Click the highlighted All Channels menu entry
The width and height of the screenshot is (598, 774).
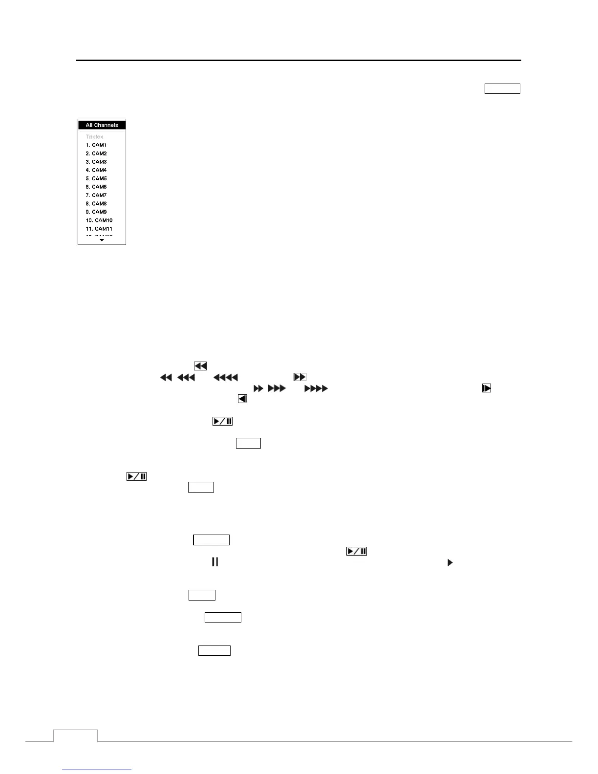click(102, 125)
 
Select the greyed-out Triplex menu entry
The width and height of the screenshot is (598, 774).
click(94, 137)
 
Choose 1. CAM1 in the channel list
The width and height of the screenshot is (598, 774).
click(96, 145)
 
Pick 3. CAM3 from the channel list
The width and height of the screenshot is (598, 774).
click(96, 162)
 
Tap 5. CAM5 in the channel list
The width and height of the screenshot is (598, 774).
click(96, 178)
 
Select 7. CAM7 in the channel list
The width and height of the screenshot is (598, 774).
click(96, 195)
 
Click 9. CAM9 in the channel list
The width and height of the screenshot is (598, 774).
click(96, 212)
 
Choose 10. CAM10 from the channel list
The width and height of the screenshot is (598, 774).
click(99, 220)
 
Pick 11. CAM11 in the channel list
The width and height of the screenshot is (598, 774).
click(99, 229)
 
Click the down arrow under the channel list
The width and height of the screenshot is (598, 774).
click(102, 240)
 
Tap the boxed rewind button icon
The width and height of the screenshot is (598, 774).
click(200, 366)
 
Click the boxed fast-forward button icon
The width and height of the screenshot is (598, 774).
click(299, 377)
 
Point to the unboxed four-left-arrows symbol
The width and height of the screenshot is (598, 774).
click(226, 377)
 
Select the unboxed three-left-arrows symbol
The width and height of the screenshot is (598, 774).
click(186, 377)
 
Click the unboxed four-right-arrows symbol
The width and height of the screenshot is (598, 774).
click(316, 388)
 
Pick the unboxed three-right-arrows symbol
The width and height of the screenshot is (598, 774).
click(277, 388)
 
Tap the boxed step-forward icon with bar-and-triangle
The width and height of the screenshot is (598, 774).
click(486, 388)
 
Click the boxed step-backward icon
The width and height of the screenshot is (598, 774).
click(242, 399)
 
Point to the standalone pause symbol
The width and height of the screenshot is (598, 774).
click(214, 562)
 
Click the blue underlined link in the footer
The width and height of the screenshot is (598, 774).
click(97, 770)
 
